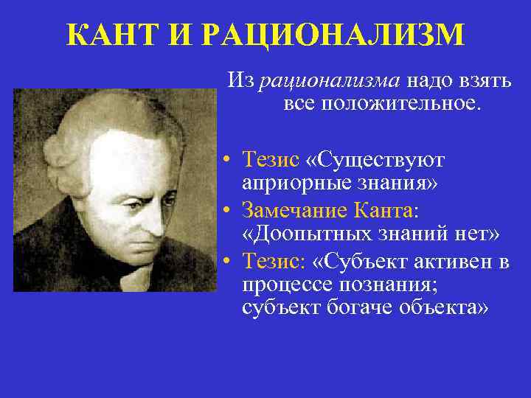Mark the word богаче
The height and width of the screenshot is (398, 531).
pyautogui.click(x=355, y=307)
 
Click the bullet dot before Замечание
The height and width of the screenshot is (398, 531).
pyautogui.click(x=232, y=211)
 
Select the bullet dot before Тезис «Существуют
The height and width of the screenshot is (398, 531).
pyautogui.click(x=232, y=161)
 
